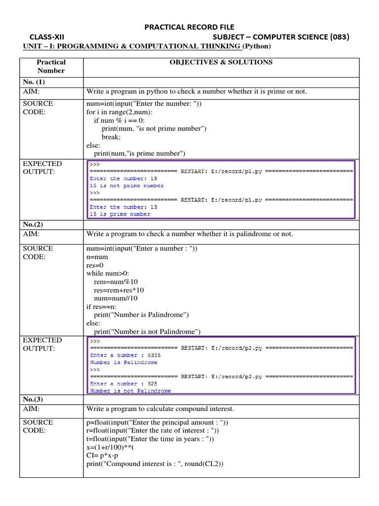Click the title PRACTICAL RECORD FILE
pyautogui.click(x=189, y=27)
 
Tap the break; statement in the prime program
pyautogui.click(x=111, y=137)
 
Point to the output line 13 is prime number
pyautogui.click(x=120, y=214)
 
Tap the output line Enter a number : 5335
pyautogui.click(x=125, y=355)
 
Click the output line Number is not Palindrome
pyautogui.click(x=130, y=391)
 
